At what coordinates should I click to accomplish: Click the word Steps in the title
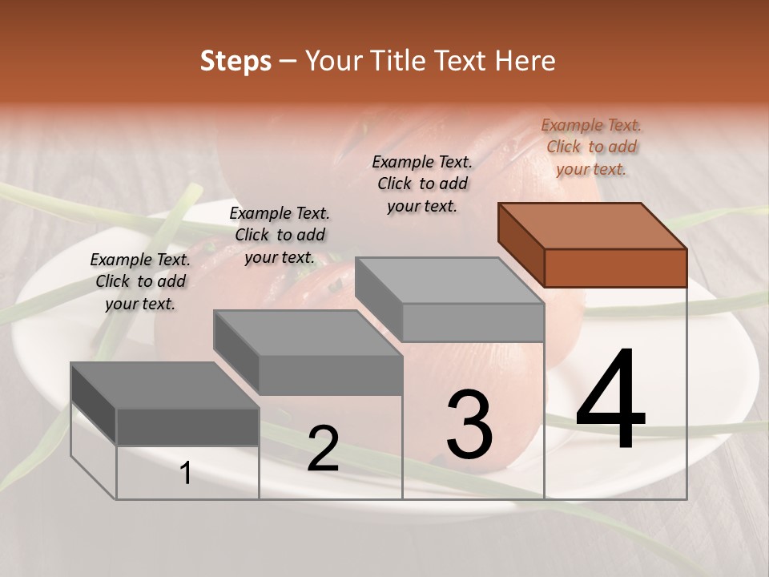236,61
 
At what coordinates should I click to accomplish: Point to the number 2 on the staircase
323,449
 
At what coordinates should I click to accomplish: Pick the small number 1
186,474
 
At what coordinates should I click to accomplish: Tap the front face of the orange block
615,268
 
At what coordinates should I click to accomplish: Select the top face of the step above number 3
449,280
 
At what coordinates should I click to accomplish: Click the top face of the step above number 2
308,333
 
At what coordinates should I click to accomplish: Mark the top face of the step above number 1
165,385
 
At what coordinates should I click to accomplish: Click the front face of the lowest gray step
187,426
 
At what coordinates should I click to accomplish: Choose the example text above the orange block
591,147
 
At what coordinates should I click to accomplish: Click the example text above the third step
422,184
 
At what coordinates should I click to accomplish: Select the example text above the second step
280,235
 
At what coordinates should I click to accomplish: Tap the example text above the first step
140,281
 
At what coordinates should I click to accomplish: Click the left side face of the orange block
521,244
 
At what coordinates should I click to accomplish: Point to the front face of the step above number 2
330,375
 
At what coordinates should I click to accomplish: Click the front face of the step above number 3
473,322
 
